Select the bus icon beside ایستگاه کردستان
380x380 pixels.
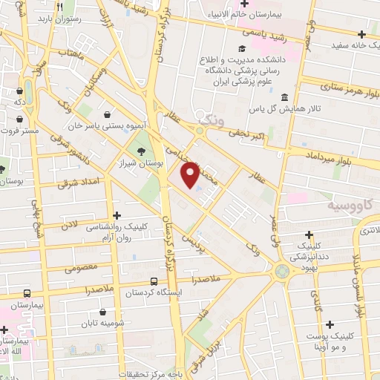pyautogui.click(x=154, y=282)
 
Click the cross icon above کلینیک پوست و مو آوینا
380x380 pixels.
pyautogui.click(x=329, y=324)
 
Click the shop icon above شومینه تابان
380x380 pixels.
pyautogui.click(x=102, y=312)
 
